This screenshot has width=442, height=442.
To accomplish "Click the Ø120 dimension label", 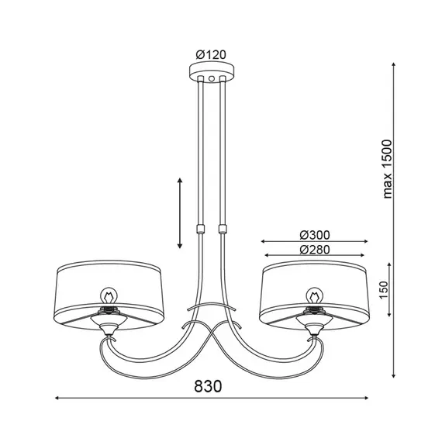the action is [211, 55].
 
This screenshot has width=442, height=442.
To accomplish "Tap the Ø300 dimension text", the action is [315, 235].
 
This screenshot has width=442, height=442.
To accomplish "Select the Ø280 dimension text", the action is [315, 250].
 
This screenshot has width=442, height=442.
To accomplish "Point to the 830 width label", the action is [208, 386].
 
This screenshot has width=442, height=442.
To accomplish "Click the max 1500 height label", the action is [388, 169].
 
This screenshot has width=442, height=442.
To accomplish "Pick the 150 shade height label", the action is [384, 290].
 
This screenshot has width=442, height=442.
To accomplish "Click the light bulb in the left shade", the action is [109, 297].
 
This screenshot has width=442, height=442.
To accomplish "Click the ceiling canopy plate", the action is [212, 73].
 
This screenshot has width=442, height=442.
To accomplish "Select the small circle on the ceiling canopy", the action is [212, 78].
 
